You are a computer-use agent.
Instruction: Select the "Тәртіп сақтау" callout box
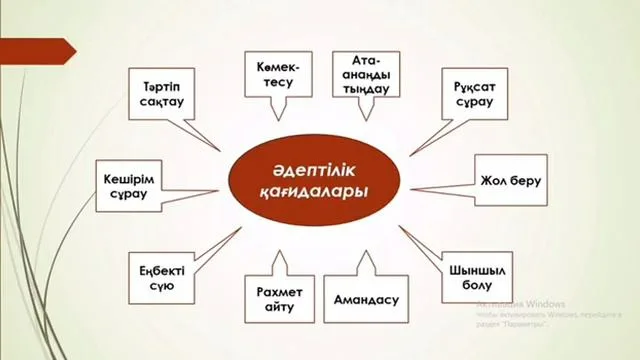pos(163,94)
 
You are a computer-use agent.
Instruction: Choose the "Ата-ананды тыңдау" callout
pos(362,74)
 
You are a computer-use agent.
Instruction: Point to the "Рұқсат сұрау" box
pos(474,94)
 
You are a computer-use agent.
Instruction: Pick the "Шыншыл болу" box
pos(473,272)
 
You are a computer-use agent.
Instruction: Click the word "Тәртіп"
pos(163,85)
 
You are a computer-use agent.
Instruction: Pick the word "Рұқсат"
pos(474,86)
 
